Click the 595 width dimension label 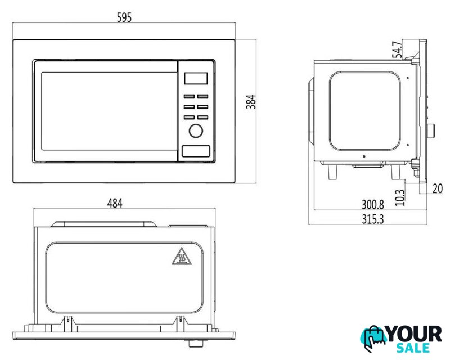124,17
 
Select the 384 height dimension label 251,102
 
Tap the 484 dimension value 115,203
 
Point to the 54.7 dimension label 398,49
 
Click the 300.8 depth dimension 372,205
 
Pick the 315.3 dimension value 372,219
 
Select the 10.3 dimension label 400,197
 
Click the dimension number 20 438,188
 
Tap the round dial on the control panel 196,131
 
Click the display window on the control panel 196,78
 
